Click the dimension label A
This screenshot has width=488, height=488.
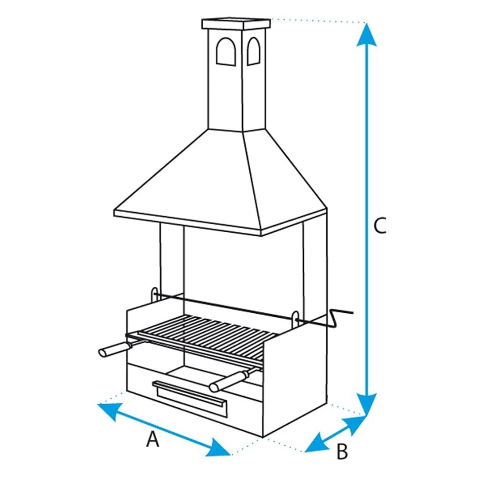click(x=152, y=440)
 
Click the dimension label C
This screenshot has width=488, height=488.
click(x=379, y=226)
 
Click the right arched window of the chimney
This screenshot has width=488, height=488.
click(x=253, y=51)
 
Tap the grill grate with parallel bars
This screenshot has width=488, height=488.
click(x=207, y=331)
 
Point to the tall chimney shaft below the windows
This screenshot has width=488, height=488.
click(x=226, y=98)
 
